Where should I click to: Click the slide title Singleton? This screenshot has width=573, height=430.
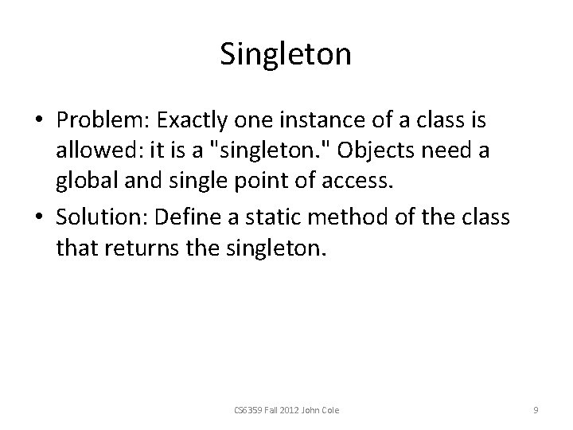(x=285, y=55)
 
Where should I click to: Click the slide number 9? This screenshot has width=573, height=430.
(x=536, y=410)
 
